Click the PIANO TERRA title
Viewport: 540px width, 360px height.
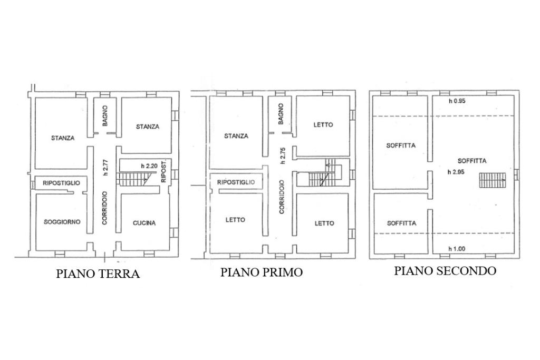coord(98,275)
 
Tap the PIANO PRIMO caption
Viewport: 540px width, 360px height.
coord(262,273)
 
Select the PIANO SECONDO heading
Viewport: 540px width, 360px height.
coord(445,271)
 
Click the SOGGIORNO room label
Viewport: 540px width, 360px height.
coord(62,222)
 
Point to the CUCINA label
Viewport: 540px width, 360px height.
coord(144,223)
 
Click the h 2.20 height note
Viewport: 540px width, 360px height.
coord(150,166)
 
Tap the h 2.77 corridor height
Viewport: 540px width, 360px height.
coord(105,167)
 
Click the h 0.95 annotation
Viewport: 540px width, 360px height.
coord(457,101)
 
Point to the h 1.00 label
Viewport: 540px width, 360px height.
coord(456,249)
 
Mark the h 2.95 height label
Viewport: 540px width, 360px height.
coord(456,172)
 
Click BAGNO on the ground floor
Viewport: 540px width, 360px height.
coord(105,116)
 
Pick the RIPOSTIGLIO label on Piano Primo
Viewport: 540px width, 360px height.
coord(236,182)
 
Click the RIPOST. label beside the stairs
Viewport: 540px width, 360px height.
coord(163,171)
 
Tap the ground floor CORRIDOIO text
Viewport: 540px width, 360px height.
coord(105,208)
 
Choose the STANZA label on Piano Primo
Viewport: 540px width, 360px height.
coord(236,135)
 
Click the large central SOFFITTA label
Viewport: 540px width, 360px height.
coord(472,161)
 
